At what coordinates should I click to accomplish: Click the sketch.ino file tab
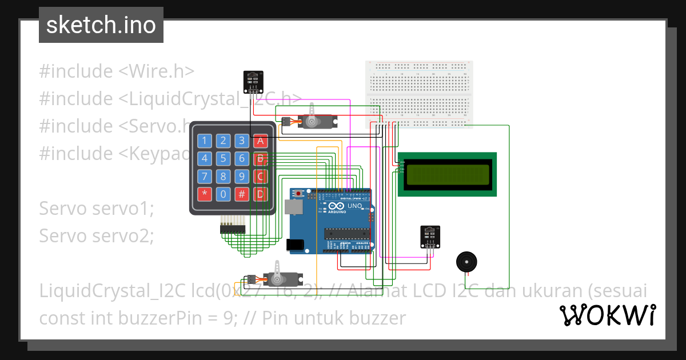pyautogui.click(x=101, y=25)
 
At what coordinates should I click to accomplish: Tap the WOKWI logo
pyautogui.click(x=607, y=315)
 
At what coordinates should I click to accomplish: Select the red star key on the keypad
pyautogui.click(x=205, y=194)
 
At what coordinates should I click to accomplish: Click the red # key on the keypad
pyautogui.click(x=242, y=194)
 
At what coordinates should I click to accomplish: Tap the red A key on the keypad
pyautogui.click(x=261, y=141)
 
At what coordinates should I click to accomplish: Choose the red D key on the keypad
pyautogui.click(x=261, y=194)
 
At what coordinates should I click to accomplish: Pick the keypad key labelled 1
pyautogui.click(x=205, y=141)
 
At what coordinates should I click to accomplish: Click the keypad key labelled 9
pyautogui.click(x=242, y=176)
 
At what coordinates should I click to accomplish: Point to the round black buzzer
pyautogui.click(x=465, y=262)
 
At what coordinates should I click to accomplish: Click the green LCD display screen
pyautogui.click(x=448, y=174)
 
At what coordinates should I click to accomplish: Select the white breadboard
pyautogui.click(x=419, y=94)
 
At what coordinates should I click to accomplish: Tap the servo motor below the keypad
pyautogui.click(x=274, y=278)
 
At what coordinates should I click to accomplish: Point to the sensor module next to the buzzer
pyautogui.click(x=430, y=237)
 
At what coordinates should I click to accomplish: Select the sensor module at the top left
pyautogui.click(x=253, y=81)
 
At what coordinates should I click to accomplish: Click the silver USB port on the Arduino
pyautogui.click(x=296, y=206)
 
